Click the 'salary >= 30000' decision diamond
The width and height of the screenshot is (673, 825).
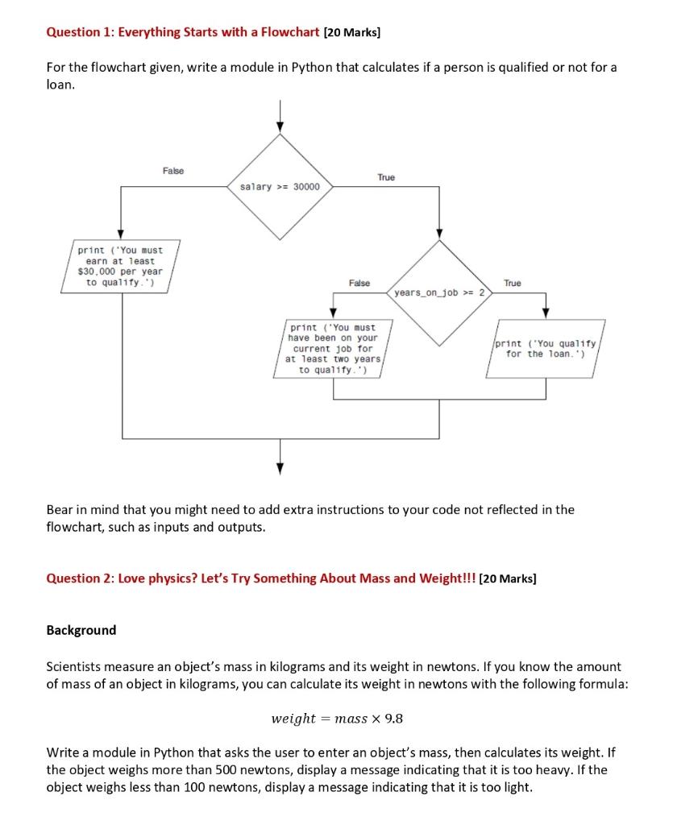(x=280, y=187)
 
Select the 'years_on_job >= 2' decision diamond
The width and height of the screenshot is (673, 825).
(x=439, y=292)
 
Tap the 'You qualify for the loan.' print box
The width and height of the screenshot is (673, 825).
(x=545, y=348)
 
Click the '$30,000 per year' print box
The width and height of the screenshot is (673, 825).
(x=120, y=266)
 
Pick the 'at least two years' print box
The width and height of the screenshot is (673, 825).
(x=332, y=348)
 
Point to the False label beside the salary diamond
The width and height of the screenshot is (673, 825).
(x=172, y=171)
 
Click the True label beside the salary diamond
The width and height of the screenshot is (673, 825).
(x=386, y=177)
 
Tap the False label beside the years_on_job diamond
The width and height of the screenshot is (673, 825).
(x=359, y=283)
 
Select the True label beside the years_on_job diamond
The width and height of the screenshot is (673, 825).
(x=512, y=283)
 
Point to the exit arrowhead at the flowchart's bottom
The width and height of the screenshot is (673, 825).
(x=280, y=468)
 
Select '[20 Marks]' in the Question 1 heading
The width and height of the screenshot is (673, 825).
(x=351, y=33)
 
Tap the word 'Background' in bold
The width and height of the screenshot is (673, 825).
(x=81, y=630)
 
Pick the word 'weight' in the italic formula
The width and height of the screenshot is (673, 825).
(x=293, y=718)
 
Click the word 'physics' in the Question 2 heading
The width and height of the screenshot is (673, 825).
(x=164, y=578)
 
